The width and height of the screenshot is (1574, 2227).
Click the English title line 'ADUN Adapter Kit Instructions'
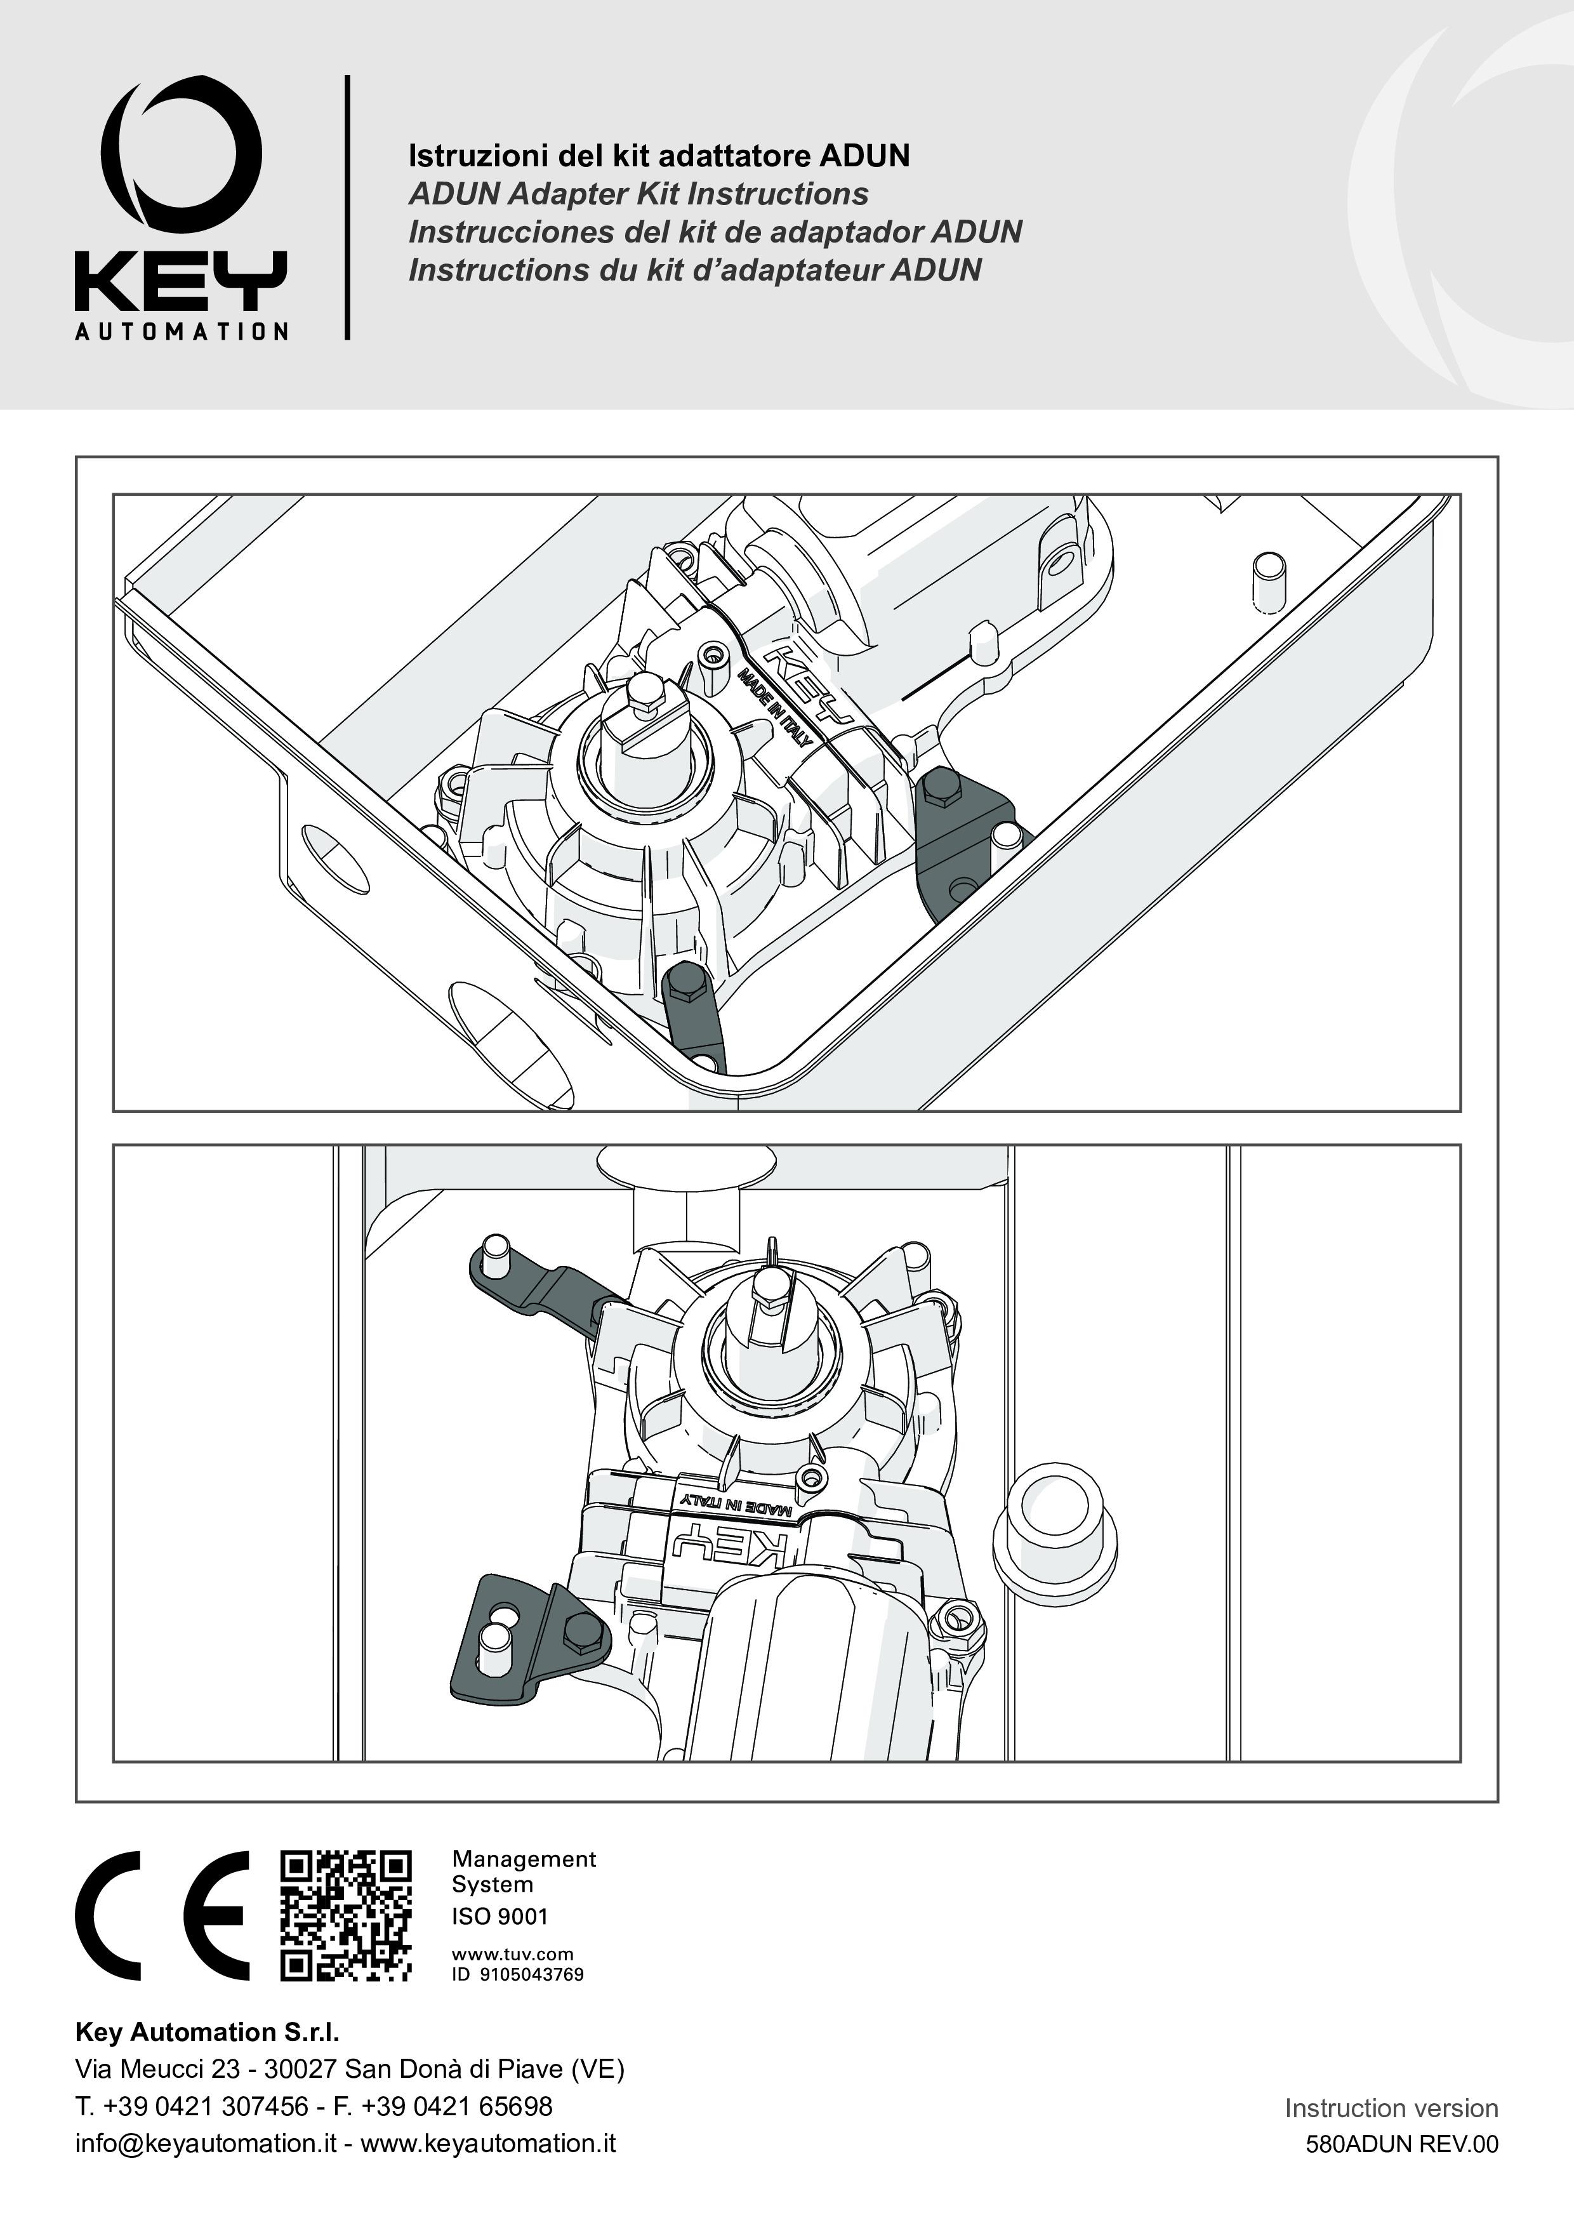638,194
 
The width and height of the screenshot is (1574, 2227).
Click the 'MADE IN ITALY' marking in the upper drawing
774,707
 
